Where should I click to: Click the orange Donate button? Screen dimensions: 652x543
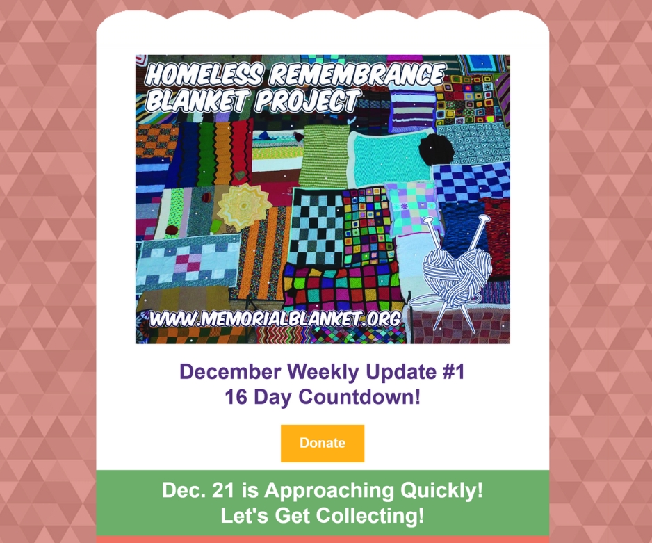(323, 443)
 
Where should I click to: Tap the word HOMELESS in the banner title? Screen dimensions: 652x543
(204, 75)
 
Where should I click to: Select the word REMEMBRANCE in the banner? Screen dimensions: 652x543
(357, 74)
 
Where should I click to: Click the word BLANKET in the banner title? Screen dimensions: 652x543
(197, 101)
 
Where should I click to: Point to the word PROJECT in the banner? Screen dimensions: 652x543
(308, 100)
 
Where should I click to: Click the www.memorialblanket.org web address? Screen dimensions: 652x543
(275, 319)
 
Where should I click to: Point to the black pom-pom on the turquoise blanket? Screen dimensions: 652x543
(437, 149)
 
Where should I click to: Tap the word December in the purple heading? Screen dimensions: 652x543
(230, 371)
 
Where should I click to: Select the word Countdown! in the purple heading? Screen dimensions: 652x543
(359, 397)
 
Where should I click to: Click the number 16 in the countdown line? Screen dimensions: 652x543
(236, 397)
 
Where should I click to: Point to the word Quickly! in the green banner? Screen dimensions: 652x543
(441, 491)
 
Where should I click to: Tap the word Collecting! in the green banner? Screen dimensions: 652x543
(370, 516)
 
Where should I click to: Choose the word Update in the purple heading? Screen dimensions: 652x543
(401, 372)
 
